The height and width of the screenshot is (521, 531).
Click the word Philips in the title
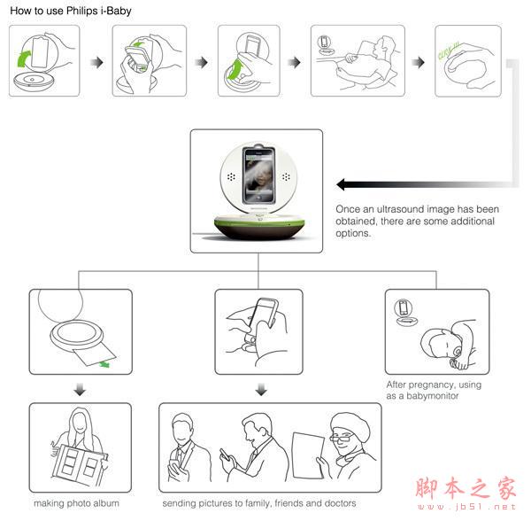tap(82, 11)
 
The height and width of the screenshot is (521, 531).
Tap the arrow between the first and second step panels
tap(97, 62)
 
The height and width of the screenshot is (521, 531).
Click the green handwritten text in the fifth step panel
tap(449, 51)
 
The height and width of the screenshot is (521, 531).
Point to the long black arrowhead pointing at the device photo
tap(341, 184)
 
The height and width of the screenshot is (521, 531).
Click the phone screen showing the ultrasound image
tap(258, 175)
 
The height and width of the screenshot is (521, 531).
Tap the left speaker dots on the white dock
tap(231, 176)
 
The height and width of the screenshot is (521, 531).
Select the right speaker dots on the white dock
tap(286, 176)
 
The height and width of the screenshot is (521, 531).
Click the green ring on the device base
tap(259, 223)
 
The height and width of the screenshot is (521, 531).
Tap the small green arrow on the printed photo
tap(104, 364)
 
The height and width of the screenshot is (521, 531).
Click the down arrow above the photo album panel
tap(80, 390)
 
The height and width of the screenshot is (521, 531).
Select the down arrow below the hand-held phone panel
tap(261, 390)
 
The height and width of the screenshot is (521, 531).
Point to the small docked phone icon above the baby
tap(404, 307)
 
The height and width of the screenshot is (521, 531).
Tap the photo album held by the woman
tap(80, 463)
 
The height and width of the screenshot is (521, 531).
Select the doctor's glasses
tap(342, 438)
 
